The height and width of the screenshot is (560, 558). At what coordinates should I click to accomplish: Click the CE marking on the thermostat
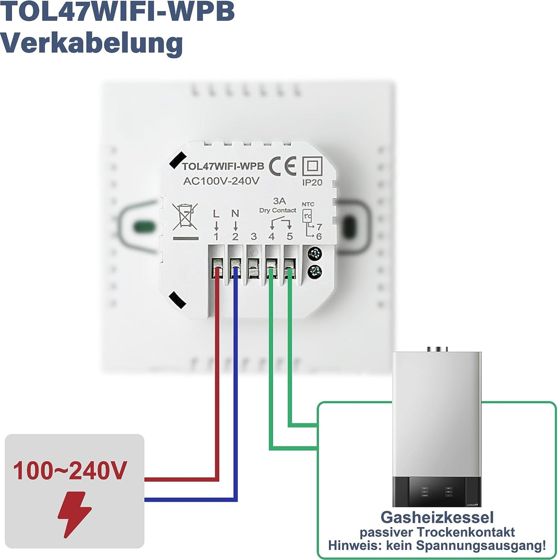tap(282, 166)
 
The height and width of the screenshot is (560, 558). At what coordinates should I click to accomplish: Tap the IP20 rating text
tap(312, 182)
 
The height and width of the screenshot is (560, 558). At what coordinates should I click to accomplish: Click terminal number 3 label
tap(253, 237)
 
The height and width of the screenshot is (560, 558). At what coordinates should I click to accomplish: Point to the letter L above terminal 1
tap(216, 214)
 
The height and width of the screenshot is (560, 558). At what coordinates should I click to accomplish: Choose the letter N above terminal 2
tap(235, 213)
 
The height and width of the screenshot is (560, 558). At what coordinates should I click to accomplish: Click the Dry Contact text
tap(278, 210)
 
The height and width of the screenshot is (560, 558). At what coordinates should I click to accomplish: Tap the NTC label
tap(308, 204)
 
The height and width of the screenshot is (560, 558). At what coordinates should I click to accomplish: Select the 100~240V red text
tap(70, 471)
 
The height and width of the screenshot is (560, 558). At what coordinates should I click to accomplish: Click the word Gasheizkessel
tap(437, 517)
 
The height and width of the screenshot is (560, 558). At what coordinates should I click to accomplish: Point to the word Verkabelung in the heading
tap(91, 43)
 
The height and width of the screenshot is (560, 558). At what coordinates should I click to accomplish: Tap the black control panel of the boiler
tap(436, 491)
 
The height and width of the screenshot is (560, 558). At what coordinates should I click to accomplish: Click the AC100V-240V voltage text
tap(221, 181)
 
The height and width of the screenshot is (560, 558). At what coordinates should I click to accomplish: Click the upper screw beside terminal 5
tap(315, 254)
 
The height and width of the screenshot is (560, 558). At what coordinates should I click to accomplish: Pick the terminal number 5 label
tap(290, 237)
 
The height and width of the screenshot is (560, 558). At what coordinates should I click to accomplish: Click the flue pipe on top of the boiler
tap(437, 349)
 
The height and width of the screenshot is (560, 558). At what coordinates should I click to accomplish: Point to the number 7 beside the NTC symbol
tap(319, 227)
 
